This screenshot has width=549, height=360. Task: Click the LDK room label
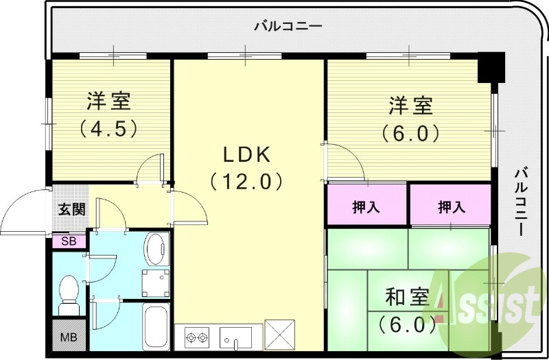[244, 155]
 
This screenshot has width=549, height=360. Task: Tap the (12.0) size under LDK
[245, 181]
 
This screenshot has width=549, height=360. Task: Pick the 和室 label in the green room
[407, 298]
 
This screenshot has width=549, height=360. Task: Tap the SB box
[69, 241]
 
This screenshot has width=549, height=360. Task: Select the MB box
[69, 338]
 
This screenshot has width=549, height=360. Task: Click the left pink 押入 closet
[367, 206]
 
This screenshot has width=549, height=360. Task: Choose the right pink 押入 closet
[450, 206]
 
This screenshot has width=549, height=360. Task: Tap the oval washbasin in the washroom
[157, 248]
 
